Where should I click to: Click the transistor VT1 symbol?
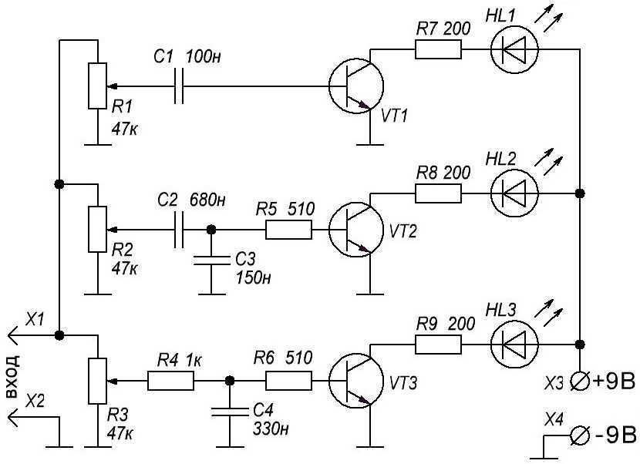click(x=356, y=86)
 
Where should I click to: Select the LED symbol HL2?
click(x=514, y=193)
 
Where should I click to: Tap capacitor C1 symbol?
click(x=179, y=86)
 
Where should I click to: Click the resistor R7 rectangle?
click(x=439, y=49)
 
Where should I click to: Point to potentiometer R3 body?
click(x=98, y=382)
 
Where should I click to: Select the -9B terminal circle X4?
click(x=580, y=435)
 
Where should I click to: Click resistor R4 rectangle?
click(x=170, y=381)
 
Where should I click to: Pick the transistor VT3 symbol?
click(x=356, y=381)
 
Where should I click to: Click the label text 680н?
click(x=207, y=200)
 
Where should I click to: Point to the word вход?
click(x=12, y=376)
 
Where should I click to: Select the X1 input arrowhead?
click(x=12, y=335)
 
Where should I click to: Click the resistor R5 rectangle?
click(x=288, y=230)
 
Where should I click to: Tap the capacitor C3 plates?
click(x=211, y=261)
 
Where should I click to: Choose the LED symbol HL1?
click(x=514, y=49)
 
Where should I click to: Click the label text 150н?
click(x=254, y=277)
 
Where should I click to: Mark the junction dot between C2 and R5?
click(x=211, y=230)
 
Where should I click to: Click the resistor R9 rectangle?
click(x=439, y=345)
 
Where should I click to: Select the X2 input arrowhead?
click(x=12, y=417)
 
